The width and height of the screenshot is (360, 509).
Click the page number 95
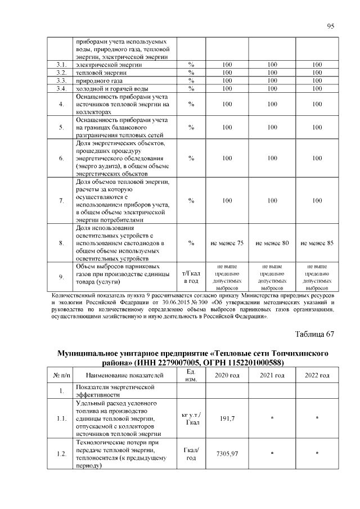click(331, 26)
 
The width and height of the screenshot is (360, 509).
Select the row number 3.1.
click(61, 65)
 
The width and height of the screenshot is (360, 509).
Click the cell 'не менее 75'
click(227, 243)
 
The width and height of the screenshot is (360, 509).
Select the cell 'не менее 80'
click(272, 243)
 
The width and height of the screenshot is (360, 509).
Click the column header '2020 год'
click(227, 375)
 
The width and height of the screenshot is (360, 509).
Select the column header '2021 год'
click(272, 375)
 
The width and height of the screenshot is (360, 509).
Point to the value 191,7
click(227, 419)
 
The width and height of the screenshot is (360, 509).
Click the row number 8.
click(61, 243)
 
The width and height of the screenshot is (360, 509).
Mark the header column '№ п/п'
click(61, 375)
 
